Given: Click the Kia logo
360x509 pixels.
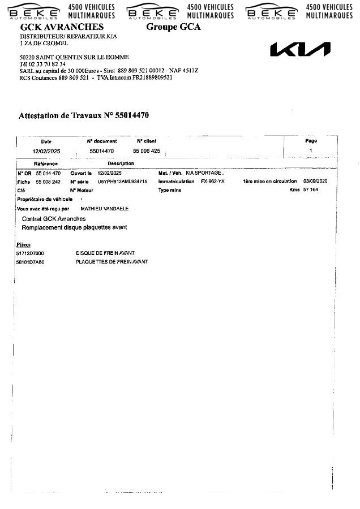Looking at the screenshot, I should pos(300,50).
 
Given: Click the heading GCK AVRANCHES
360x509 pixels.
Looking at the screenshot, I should pos(62,27).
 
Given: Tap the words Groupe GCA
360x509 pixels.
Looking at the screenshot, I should pos(173,27).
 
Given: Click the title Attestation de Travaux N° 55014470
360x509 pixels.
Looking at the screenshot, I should pos(84,115).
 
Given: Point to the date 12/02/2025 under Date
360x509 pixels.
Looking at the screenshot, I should pos(46,152).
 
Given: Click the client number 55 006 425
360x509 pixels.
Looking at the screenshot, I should pos(147,151).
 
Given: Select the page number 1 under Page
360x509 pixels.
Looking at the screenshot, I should pos(310,150).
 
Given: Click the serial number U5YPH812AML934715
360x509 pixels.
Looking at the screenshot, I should pos(122,182).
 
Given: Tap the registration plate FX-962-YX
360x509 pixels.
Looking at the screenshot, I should pos(212,182).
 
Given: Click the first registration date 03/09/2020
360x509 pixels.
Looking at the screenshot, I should pos(315,182).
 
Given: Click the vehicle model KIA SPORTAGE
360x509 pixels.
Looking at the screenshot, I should pos(204,172).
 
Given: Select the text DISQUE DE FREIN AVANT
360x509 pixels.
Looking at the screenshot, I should pos(105,253).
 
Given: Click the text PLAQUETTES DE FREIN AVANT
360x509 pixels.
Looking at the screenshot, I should pos(112,262).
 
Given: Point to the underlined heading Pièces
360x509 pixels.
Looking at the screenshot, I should pos(23,244).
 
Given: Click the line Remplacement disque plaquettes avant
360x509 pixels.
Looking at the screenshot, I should pos(74,227).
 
